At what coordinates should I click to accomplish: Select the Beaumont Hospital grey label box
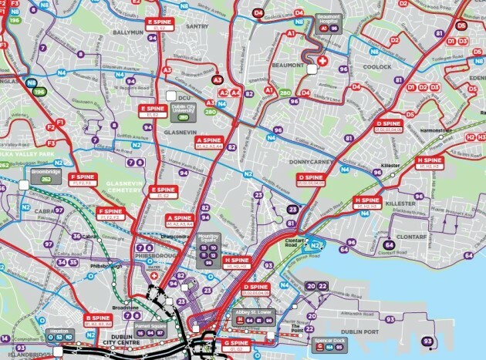point(329,24)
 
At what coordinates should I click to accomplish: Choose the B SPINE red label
point(99,320)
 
